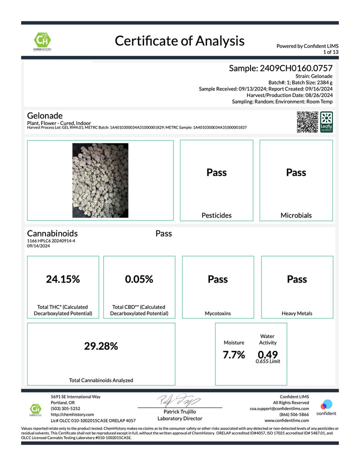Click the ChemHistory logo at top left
[43, 41]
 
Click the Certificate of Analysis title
[179, 40]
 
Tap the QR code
[307, 122]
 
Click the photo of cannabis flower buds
[100, 179]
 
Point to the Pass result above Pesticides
[216, 172]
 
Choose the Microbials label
[296, 215]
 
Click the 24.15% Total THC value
[63, 279]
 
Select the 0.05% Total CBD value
[139, 279]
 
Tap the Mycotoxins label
[217, 313]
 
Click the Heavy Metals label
[297, 313]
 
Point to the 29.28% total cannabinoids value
[101, 346]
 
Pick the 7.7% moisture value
[234, 355]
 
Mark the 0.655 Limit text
[267, 361]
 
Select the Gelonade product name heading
[44, 115]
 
